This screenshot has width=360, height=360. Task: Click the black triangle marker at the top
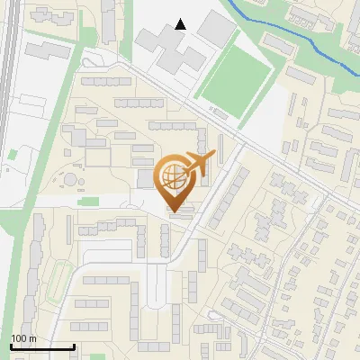point(181,24)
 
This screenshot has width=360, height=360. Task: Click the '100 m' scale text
point(22,338)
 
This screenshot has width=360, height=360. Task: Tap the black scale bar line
point(41,346)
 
